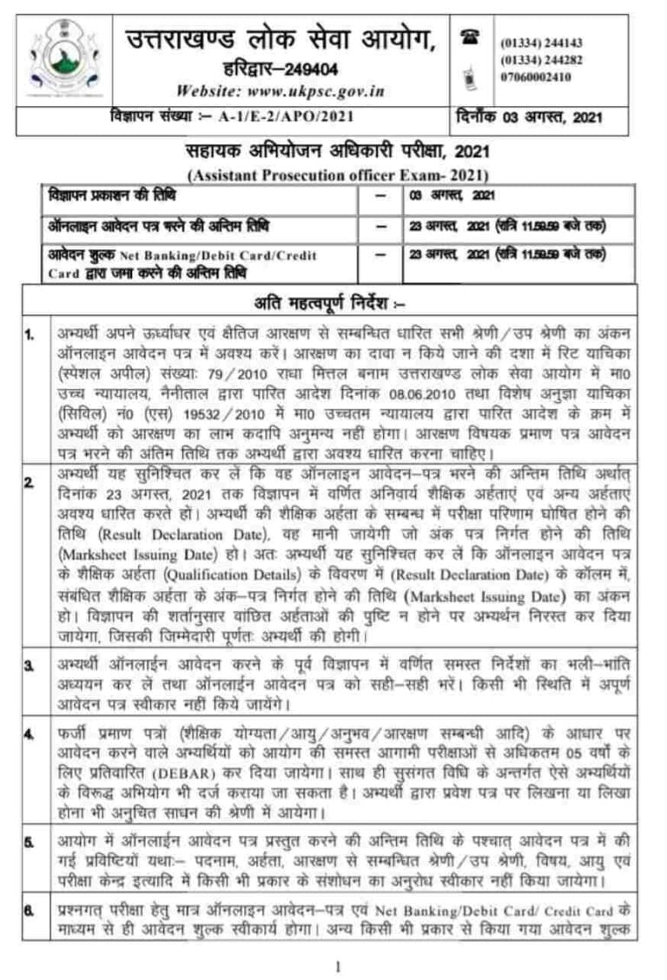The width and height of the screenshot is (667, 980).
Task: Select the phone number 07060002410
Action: (536, 76)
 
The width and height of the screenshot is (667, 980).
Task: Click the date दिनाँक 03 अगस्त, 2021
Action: (529, 117)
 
